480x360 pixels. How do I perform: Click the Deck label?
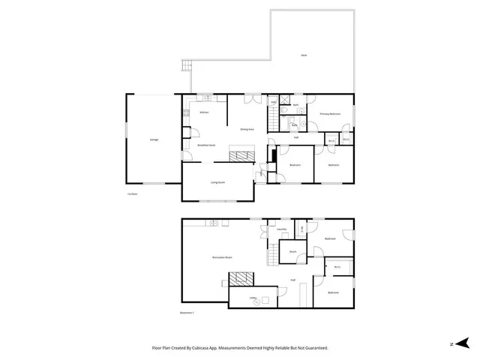[304, 55]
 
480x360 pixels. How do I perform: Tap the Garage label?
[154, 139]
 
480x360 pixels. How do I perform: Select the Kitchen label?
[203, 112]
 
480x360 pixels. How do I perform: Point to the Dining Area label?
[246, 130]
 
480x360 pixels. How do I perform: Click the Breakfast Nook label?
[206, 145]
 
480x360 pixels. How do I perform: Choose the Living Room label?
[217, 181]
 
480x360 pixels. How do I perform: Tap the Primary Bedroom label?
[330, 114]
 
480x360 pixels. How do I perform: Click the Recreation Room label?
[221, 257]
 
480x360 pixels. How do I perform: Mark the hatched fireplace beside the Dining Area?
[241, 156]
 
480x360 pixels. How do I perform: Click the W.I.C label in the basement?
[337, 265]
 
